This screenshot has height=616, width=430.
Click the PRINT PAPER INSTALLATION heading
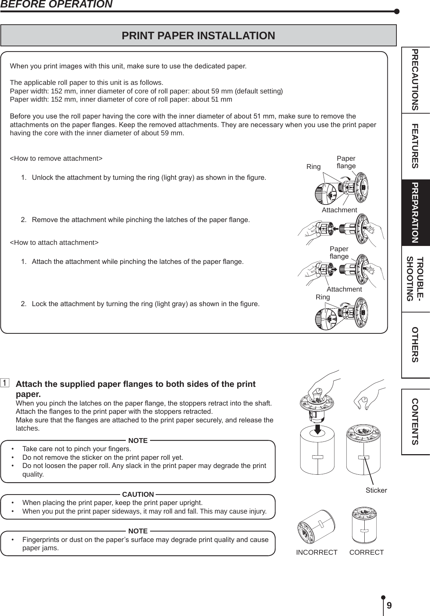point(198,36)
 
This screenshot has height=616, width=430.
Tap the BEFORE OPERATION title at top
point(56,4)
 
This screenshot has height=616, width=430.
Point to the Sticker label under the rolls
point(376,490)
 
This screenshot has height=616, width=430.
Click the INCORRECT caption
point(317,552)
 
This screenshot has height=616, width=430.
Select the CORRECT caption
point(367,552)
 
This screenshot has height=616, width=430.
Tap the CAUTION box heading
point(138,495)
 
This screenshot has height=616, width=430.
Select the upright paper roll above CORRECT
point(365,525)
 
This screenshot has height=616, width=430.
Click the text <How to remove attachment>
point(56,158)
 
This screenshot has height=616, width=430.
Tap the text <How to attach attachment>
point(54,242)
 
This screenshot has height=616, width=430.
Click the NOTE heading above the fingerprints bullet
point(138,531)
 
